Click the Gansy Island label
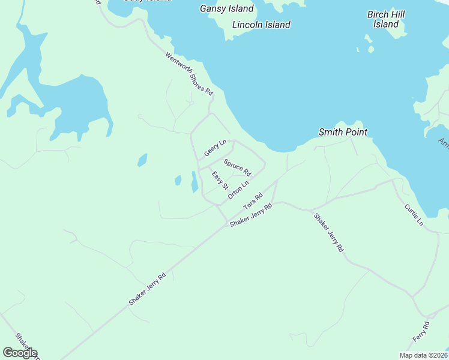click(x=226, y=8)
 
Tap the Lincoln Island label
click(x=261, y=25)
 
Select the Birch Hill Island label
click(x=386, y=19)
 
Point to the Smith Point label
click(x=343, y=132)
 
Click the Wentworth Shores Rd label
click(x=189, y=74)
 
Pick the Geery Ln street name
click(x=215, y=148)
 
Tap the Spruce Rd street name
click(x=237, y=167)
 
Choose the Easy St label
click(x=220, y=181)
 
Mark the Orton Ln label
click(x=238, y=191)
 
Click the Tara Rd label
click(x=253, y=200)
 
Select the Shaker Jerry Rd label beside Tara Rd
click(x=251, y=214)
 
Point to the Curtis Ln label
click(x=414, y=214)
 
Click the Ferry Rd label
click(x=421, y=332)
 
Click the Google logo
click(x=20, y=353)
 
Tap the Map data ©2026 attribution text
click(x=423, y=355)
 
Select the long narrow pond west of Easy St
click(x=194, y=182)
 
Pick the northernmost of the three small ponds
click(x=142, y=160)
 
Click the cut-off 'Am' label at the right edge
click(x=444, y=143)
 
